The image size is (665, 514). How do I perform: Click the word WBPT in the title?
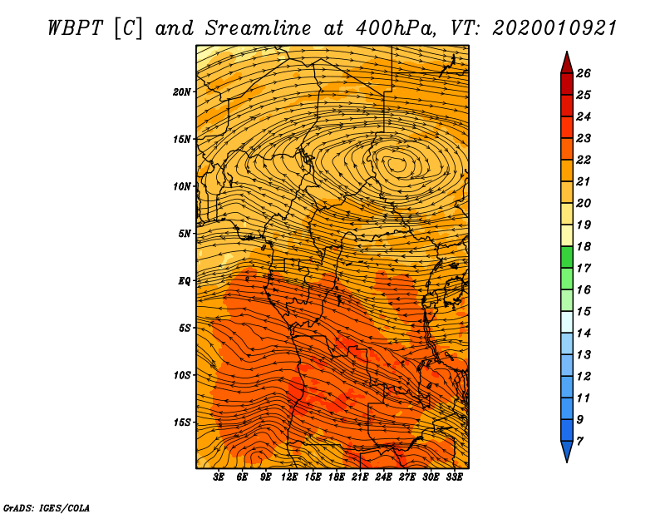click(x=71, y=27)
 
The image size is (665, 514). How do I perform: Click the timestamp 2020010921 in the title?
click(x=554, y=27)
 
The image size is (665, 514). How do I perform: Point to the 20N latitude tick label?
click(x=182, y=91)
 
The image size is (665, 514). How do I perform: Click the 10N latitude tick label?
click(x=182, y=186)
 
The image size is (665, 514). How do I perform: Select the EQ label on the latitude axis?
click(x=185, y=281)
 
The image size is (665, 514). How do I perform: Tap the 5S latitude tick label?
click(x=185, y=328)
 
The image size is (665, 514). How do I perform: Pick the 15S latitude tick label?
click(x=182, y=423)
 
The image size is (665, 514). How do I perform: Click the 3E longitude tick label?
click(x=219, y=477)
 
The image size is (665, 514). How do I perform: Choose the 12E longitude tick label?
click(x=289, y=477)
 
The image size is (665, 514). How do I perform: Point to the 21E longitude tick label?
click(x=360, y=477)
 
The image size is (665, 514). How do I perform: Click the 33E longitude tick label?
click(x=454, y=477)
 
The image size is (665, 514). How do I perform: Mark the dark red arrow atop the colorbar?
click(x=566, y=62)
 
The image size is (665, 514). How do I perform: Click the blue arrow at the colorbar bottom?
click(x=566, y=452)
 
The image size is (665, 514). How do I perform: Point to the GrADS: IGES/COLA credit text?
click(x=47, y=507)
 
